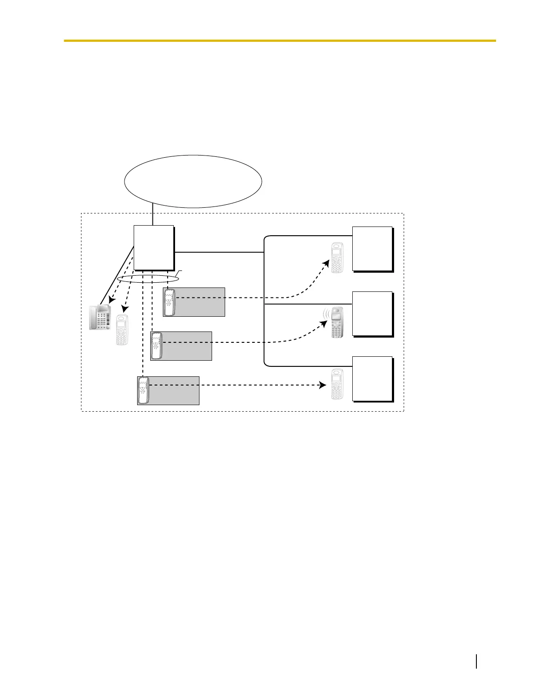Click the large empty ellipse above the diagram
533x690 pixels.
click(x=193, y=181)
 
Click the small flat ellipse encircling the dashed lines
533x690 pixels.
click(x=148, y=279)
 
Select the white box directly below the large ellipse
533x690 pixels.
click(x=153, y=248)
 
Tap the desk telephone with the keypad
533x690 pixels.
click(x=100, y=318)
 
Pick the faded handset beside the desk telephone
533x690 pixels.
click(x=122, y=330)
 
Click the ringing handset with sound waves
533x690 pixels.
click(x=337, y=323)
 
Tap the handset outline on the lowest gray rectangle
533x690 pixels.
click(x=143, y=390)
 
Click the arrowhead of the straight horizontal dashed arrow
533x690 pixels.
click(x=323, y=385)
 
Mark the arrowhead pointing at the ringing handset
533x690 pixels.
click(x=324, y=324)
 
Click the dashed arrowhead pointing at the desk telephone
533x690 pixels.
click(x=111, y=300)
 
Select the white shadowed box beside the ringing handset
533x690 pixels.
click(x=372, y=314)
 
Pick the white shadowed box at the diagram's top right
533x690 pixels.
click(x=372, y=249)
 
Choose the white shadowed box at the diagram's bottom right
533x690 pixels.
click(x=372, y=379)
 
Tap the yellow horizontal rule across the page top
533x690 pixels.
click(x=280, y=41)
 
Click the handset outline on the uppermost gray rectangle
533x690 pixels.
click(x=169, y=302)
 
